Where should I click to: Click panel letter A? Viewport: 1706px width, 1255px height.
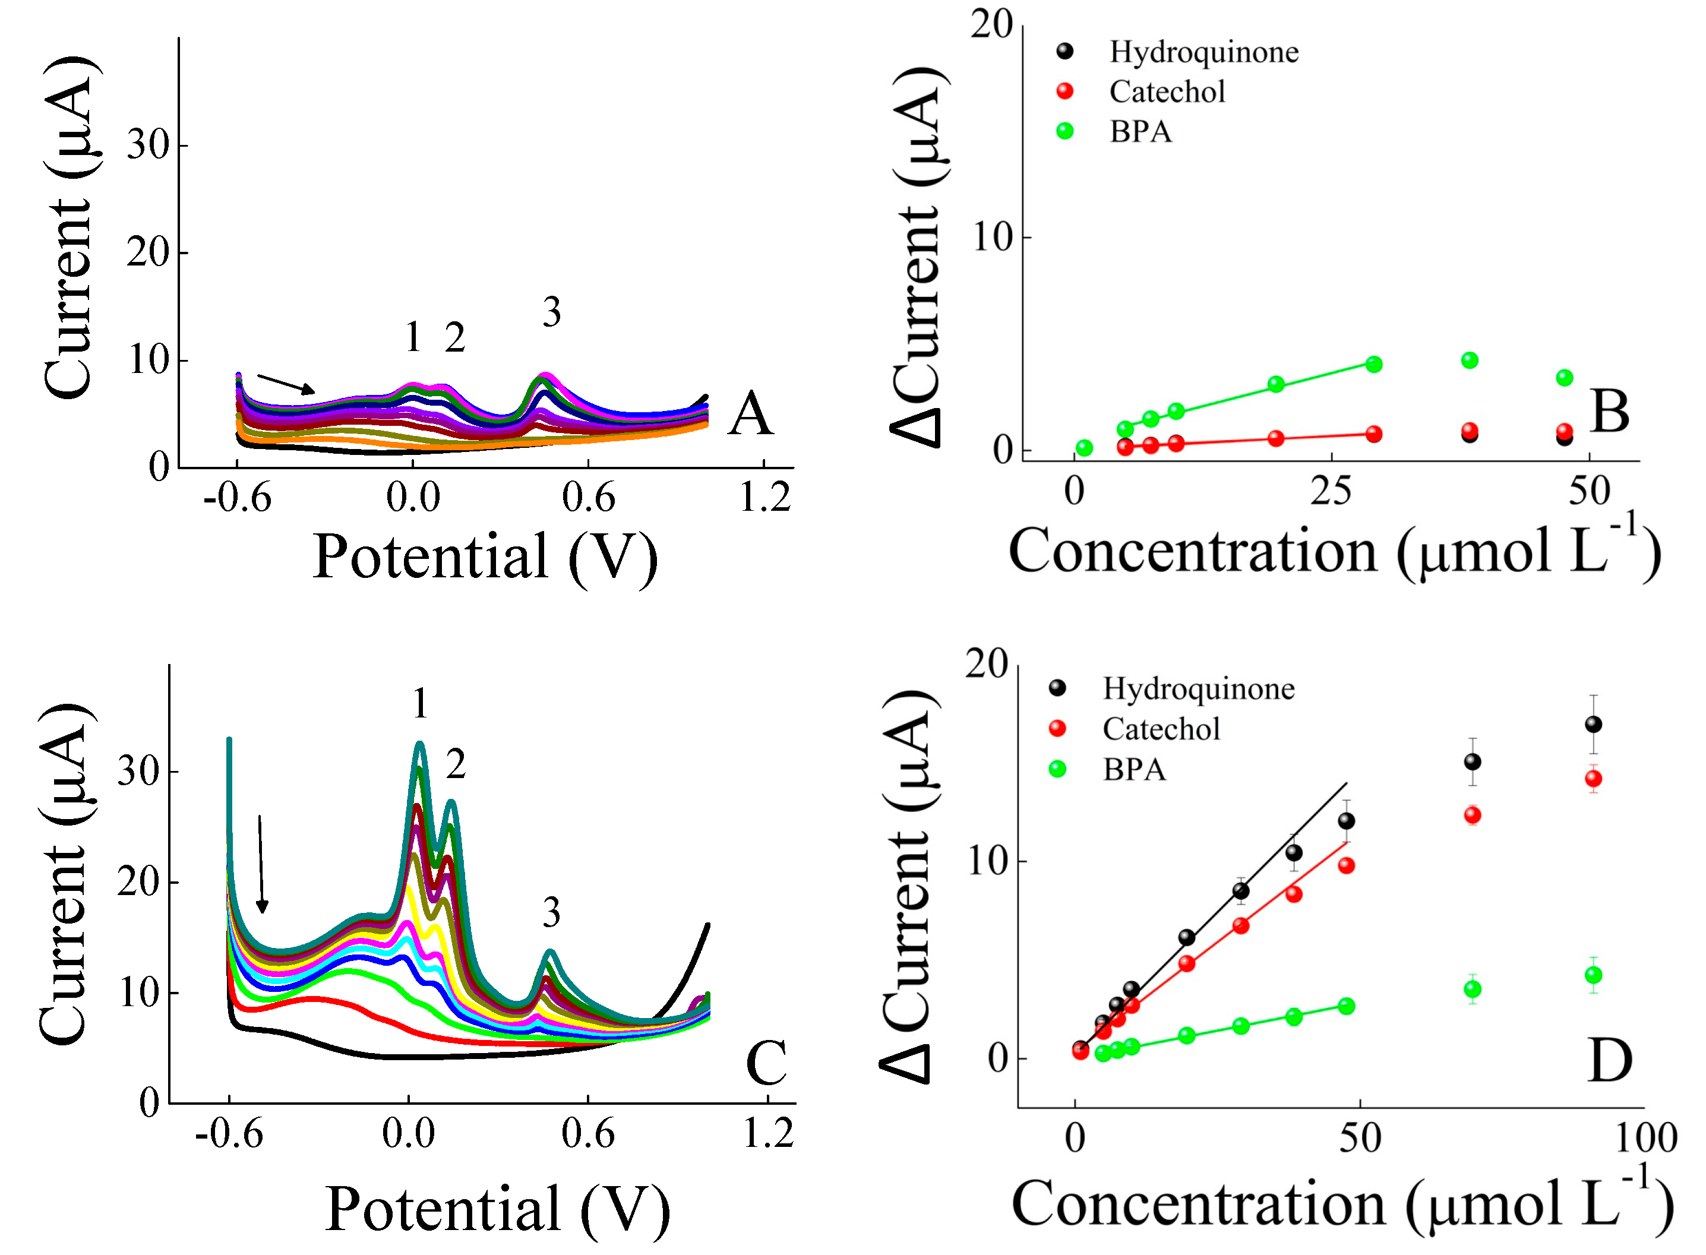[750, 414]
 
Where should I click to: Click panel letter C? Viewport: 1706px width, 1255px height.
[766, 1063]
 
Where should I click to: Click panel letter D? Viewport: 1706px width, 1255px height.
[1609, 1061]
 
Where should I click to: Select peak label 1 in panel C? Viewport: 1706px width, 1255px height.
[420, 703]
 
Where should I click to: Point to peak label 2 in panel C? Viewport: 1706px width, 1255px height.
[455, 763]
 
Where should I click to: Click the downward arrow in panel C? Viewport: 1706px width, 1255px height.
[261, 865]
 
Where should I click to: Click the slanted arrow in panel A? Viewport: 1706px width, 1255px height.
[286, 384]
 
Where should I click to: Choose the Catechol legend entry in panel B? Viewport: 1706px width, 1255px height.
[1167, 92]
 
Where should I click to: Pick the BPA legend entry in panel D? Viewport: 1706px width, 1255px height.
[1133, 770]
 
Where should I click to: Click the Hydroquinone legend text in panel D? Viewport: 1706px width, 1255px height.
[1198, 689]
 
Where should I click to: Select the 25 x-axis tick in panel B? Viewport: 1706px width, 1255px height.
[1330, 492]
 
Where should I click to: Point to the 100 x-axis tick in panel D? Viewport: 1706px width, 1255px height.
[1645, 1138]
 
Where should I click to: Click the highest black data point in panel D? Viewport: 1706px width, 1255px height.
[1593, 725]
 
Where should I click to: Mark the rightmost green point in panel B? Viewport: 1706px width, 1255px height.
[1564, 378]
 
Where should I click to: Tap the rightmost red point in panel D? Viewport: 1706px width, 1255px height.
[1593, 779]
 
